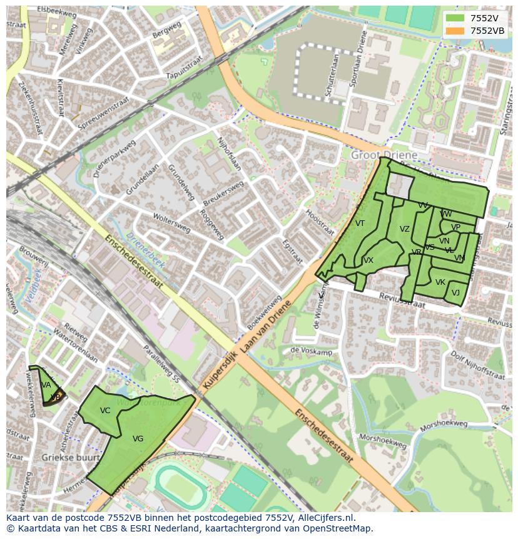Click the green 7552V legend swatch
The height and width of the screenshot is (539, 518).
click(455, 18)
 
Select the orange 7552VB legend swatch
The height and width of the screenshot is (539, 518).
click(455, 31)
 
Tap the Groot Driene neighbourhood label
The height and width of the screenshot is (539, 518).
click(383, 154)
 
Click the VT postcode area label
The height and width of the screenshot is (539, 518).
click(360, 223)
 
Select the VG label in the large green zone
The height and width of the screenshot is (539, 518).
click(138, 439)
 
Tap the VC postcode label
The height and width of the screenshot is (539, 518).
click(105, 411)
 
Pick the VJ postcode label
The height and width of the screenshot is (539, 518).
click(455, 293)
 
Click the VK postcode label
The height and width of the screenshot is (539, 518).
click(440, 282)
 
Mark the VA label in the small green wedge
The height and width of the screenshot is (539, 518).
click(46, 385)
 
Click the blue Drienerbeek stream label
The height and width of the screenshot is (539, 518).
click(145, 250)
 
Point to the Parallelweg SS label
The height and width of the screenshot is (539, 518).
click(161, 364)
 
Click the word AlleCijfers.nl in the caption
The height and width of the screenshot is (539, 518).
click(325, 518)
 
